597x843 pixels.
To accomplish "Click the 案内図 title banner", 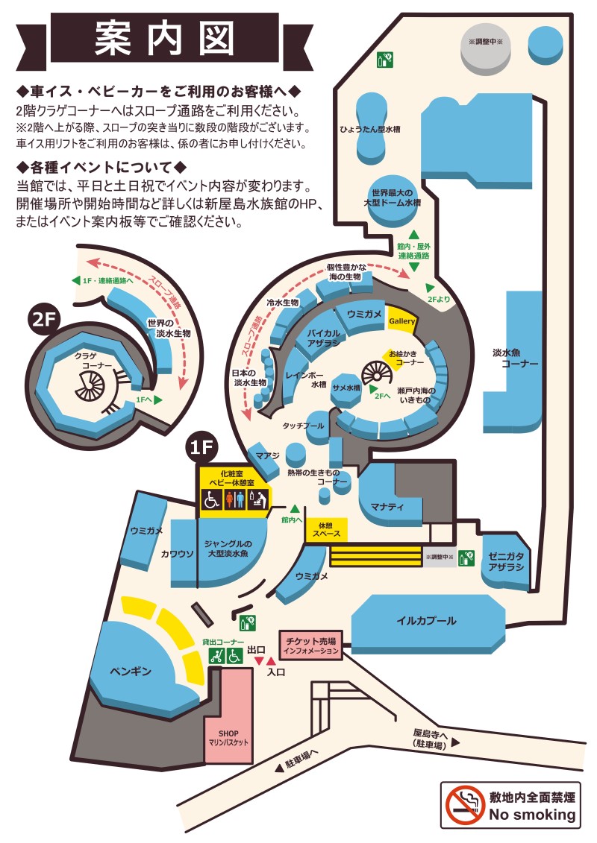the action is tap(164, 39).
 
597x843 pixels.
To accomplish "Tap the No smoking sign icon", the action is tap(465, 805).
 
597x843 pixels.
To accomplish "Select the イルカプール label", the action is tap(426, 620).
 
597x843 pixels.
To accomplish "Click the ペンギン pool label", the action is tap(131, 671).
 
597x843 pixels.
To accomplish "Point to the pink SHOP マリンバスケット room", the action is tap(228, 715).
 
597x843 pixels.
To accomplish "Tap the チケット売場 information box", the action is tap(311, 645).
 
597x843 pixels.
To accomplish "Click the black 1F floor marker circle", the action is tap(202, 446).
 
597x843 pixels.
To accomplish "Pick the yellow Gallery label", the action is tap(402, 321).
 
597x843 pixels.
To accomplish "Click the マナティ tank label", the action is tap(387, 506).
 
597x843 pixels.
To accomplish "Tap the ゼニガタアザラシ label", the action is tap(506, 562).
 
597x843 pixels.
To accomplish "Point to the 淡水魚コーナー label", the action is tap(515, 358).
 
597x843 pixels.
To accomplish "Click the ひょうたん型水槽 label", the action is tap(370, 129).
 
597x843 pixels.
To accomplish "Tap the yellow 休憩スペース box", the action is tap(326, 529).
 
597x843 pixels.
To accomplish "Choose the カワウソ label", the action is tap(177, 553).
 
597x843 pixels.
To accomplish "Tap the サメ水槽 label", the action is tap(346, 388).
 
